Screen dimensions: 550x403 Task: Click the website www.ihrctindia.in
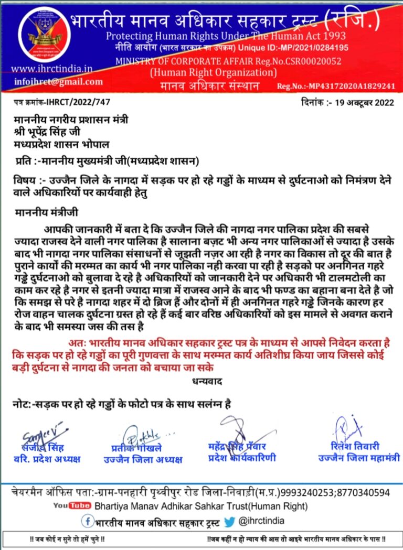point(52,69)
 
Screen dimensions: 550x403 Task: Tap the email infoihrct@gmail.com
point(57,82)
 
